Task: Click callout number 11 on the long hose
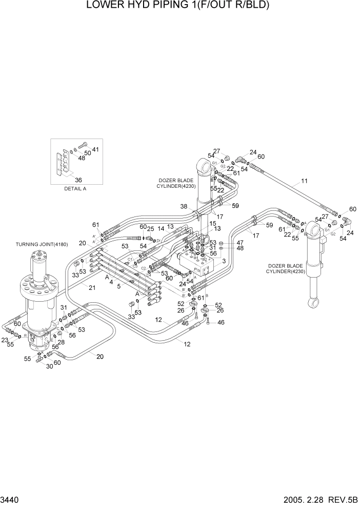pyautogui.click(x=304, y=181)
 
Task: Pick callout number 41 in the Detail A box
pyautogui.click(x=95, y=149)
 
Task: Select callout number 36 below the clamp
pyautogui.click(x=78, y=180)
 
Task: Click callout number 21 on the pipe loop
pyautogui.click(x=92, y=287)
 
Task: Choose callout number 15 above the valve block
pyautogui.click(x=212, y=224)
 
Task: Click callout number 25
pyautogui.click(x=151, y=229)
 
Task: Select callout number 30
pyautogui.click(x=50, y=366)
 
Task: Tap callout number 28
pyautogui.click(x=61, y=342)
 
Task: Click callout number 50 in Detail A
pyautogui.click(x=87, y=153)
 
